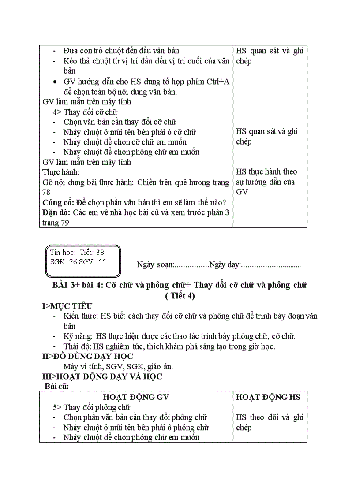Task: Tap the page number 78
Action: coord(46,193)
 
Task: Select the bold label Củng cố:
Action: coord(58,202)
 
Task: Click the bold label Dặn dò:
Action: coord(56,212)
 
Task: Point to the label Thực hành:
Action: coord(61,172)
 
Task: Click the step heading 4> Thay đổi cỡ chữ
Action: coord(85,112)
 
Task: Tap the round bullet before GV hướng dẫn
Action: coord(54,82)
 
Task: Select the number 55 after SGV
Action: coord(102,261)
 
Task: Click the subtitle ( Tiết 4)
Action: coord(180,296)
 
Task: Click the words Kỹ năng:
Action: coord(79,336)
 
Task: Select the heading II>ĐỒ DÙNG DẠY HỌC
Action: coord(88,356)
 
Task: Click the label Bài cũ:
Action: coord(56,386)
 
